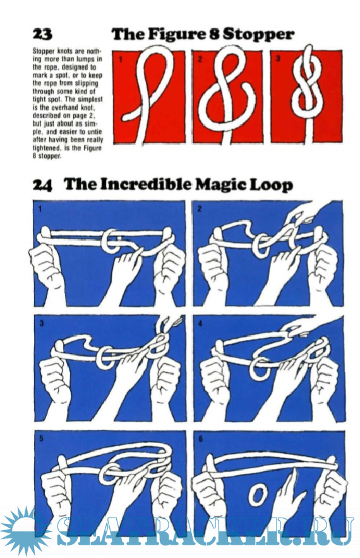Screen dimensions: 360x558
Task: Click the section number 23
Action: (42, 35)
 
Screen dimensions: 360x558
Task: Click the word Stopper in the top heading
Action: (258, 35)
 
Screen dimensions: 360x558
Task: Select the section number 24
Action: (42, 185)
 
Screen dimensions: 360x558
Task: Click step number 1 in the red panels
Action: (121, 59)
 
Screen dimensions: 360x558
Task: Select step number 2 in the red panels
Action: (200, 59)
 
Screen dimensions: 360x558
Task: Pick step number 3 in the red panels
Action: (278, 59)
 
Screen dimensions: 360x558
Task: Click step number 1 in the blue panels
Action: (40, 210)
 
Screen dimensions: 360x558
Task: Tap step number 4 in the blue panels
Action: (200, 323)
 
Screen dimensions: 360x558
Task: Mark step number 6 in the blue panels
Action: (200, 439)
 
